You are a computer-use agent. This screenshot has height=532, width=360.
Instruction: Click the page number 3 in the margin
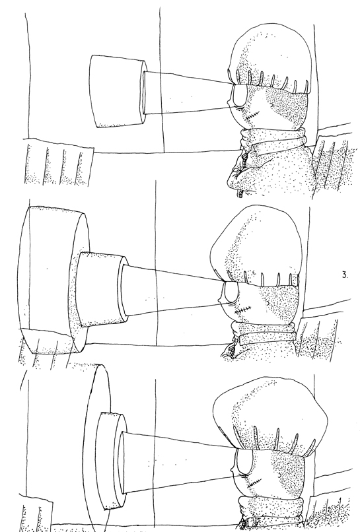[345, 275]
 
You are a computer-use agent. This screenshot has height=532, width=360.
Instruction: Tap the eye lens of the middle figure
[231, 292]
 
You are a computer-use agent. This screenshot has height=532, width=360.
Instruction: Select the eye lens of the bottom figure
[244, 461]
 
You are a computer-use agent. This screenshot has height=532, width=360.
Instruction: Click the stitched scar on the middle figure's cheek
[243, 309]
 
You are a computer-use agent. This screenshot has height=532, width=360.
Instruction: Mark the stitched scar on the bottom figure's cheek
[254, 482]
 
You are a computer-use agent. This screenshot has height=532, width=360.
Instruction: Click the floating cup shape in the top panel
[117, 92]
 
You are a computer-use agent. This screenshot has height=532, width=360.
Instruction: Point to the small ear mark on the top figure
[272, 106]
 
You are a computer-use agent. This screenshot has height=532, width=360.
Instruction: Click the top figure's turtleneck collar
[273, 141]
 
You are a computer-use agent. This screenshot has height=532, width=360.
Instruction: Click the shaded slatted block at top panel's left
[59, 164]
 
